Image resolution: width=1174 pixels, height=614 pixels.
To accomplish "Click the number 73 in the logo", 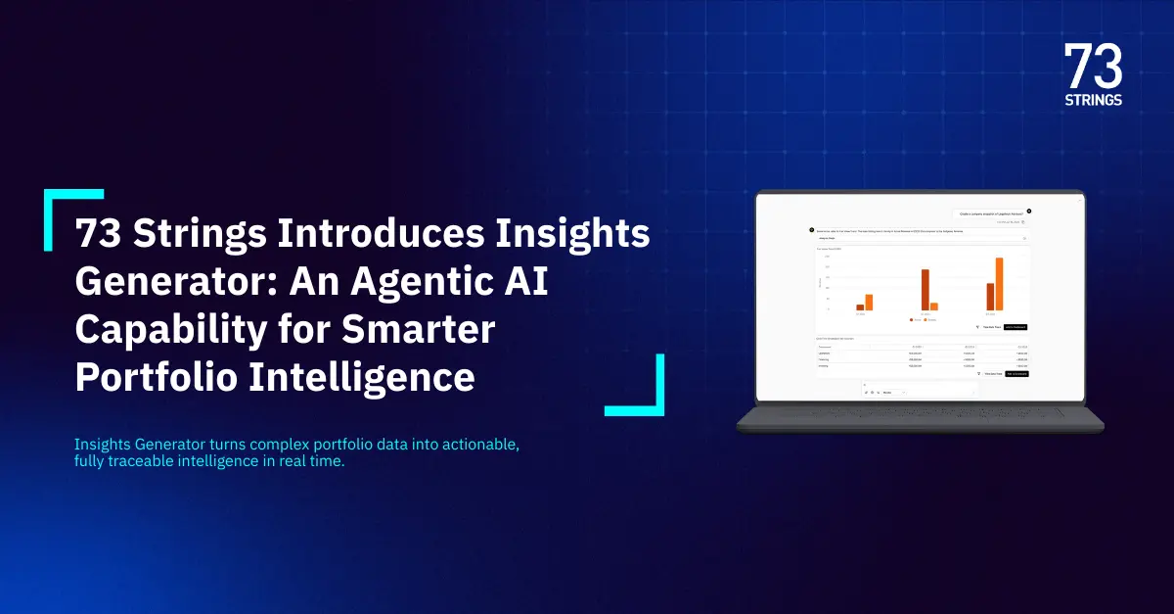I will pyautogui.click(x=1093, y=67).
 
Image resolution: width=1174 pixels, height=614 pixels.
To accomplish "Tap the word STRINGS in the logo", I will pyautogui.click(x=1093, y=99).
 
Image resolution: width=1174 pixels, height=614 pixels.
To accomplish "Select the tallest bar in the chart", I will pyautogui.click(x=999, y=283).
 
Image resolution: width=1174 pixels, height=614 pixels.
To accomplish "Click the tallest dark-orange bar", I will pyautogui.click(x=925, y=289).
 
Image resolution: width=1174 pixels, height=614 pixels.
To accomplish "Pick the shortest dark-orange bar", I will pyautogui.click(x=860, y=307).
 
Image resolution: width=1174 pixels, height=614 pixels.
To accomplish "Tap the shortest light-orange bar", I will pyautogui.click(x=933, y=306).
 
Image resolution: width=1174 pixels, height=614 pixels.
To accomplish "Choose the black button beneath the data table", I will pyautogui.click(x=1016, y=374).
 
